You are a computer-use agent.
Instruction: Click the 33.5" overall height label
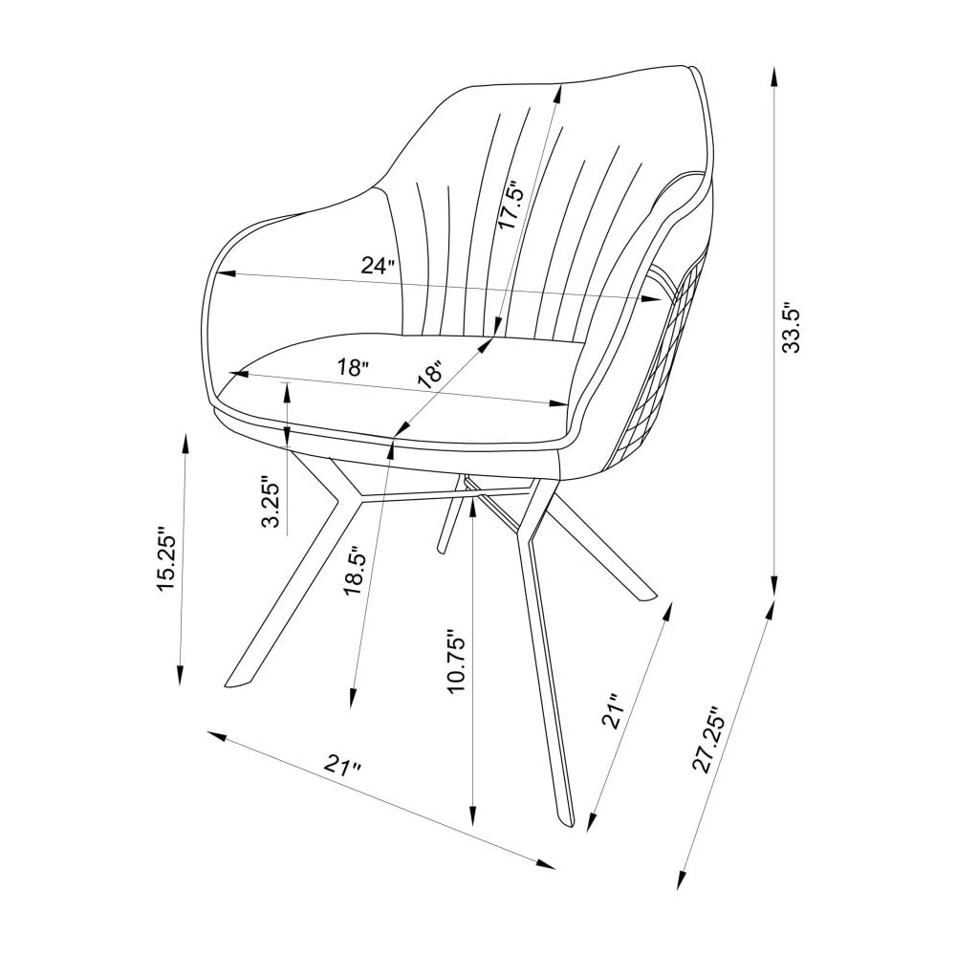point(793,327)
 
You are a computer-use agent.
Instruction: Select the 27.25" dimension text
point(708,740)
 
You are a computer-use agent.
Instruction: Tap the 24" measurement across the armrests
point(378,266)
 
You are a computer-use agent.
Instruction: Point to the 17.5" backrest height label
point(510,205)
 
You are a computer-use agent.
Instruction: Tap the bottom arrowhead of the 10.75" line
point(472,815)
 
